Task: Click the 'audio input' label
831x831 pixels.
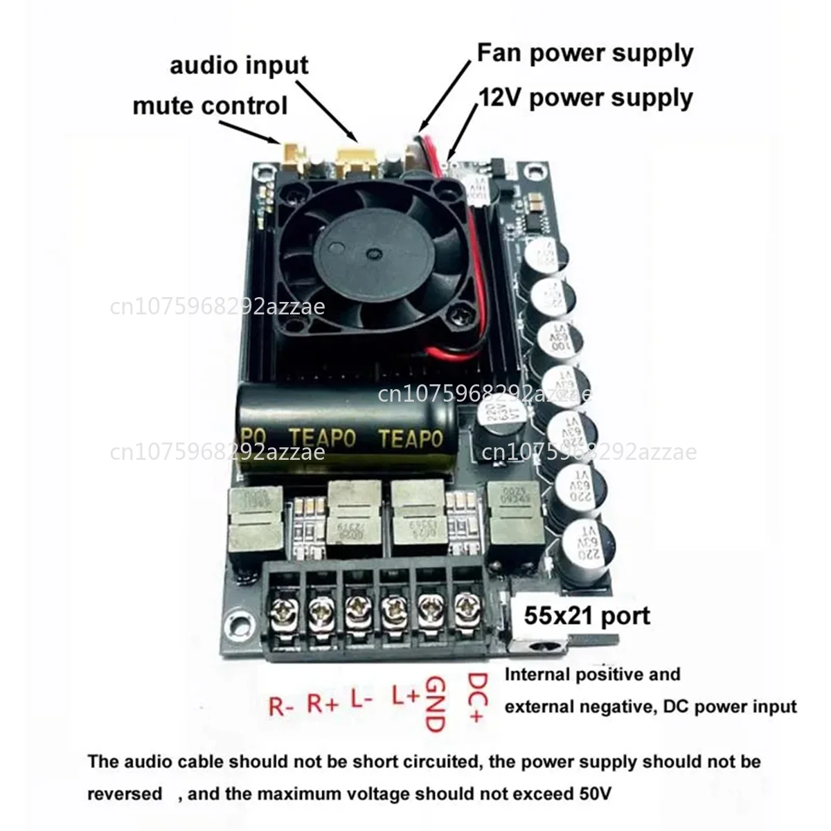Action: (239, 66)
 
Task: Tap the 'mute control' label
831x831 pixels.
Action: (209, 106)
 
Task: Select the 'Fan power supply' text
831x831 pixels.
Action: (585, 53)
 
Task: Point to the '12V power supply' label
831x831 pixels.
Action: (585, 98)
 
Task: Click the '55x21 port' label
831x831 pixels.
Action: (587, 616)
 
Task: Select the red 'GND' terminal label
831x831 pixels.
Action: (434, 704)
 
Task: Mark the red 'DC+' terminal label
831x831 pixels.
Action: (477, 698)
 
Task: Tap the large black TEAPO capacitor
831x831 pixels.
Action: (346, 433)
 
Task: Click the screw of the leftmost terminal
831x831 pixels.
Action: (285, 611)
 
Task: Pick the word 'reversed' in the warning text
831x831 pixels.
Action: (125, 794)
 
